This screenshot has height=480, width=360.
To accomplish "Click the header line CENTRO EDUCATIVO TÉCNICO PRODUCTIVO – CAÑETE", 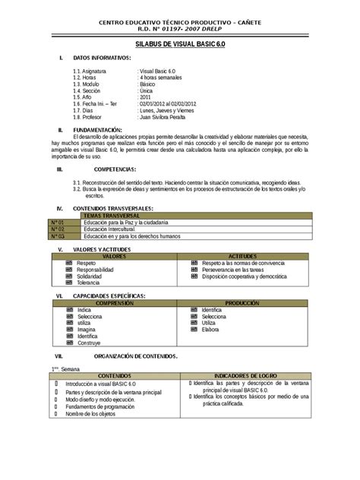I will [180, 24].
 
